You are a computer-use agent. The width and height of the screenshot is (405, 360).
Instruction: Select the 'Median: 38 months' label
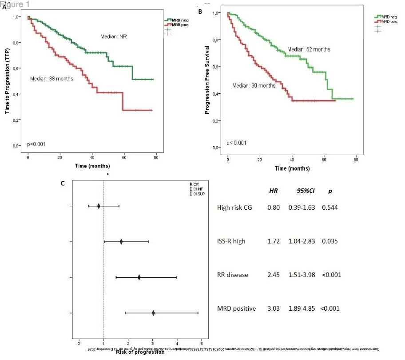pyautogui.click(x=52, y=79)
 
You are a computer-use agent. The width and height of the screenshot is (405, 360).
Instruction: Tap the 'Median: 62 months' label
pyautogui.click(x=309, y=49)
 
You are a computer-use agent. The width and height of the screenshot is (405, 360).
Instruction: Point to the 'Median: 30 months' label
pyautogui.click(x=254, y=85)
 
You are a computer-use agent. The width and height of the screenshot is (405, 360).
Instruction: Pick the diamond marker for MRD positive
pyautogui.click(x=154, y=313)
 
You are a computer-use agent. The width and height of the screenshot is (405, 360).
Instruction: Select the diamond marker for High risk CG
pyautogui.click(x=99, y=206)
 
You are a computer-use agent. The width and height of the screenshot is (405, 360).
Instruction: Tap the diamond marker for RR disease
pyautogui.click(x=139, y=277)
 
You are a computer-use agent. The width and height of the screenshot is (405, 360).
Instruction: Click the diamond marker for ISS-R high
pyautogui.click(x=121, y=242)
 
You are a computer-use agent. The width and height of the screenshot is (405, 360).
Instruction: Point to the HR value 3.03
pyautogui.click(x=274, y=308)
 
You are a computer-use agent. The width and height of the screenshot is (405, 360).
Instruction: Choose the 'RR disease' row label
pyautogui.click(x=233, y=275)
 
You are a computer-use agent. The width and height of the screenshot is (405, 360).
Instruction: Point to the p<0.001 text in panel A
pyautogui.click(x=36, y=144)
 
